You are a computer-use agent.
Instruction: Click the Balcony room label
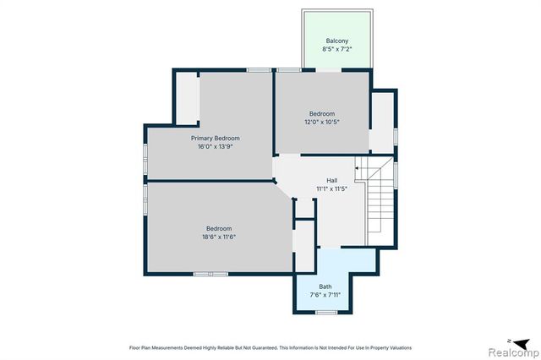(337, 41)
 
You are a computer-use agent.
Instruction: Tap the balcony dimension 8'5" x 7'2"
(337, 49)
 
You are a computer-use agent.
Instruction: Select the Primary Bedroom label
(216, 138)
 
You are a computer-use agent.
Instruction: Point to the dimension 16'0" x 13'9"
(216, 146)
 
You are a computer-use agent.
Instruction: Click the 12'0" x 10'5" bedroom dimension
(322, 122)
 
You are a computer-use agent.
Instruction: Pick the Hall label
(332, 180)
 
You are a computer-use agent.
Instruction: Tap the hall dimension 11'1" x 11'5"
(332, 188)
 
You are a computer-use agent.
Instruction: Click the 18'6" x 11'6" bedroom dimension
(219, 237)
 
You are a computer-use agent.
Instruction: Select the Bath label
(325, 286)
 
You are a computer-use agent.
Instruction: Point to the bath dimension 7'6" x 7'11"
(325, 294)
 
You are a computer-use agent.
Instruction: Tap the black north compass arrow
(521, 343)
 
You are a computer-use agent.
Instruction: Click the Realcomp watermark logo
(514, 352)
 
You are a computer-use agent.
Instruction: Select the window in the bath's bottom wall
(326, 313)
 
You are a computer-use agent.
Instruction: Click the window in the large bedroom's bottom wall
(210, 274)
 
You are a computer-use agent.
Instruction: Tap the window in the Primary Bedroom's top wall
(259, 70)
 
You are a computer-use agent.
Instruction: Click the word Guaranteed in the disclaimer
(266, 347)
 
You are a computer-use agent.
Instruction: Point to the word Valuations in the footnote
(402, 347)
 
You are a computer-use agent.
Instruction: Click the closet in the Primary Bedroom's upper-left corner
(188, 98)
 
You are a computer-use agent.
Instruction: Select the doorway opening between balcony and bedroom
(329, 70)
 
